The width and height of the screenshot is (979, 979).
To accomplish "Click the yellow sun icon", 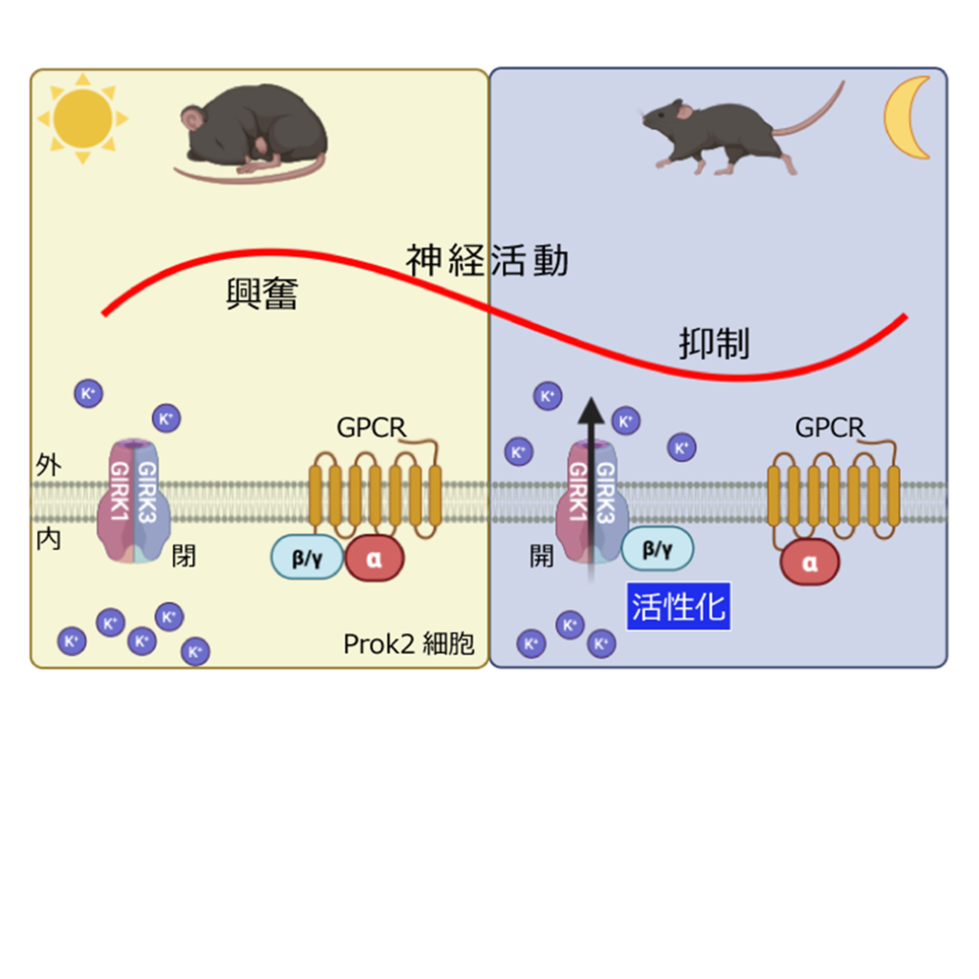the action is [x=83, y=119].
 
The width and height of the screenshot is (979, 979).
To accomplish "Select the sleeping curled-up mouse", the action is [x=252, y=134].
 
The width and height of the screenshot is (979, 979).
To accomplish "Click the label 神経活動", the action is [x=487, y=260].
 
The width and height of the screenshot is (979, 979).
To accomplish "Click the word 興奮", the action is [x=262, y=294].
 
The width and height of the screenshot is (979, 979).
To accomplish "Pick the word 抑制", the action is [x=714, y=344].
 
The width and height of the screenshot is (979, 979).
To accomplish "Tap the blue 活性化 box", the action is [x=679, y=606].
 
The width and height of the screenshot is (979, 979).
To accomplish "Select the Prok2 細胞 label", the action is [x=409, y=643].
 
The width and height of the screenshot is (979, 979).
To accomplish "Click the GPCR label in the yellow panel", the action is [x=371, y=427].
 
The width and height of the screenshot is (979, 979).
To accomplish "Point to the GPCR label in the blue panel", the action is [x=830, y=427].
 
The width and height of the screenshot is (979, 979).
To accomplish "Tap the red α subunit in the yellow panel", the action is [x=375, y=558].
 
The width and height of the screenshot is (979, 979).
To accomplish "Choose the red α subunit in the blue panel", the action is [x=810, y=562].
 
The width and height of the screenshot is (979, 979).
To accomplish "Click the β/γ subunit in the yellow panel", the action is [x=307, y=557].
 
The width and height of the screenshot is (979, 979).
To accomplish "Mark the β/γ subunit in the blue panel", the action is [x=658, y=548].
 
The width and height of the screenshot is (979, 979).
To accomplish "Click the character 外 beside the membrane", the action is [x=49, y=465].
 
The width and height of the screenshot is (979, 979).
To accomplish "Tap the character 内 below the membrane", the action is [x=49, y=539].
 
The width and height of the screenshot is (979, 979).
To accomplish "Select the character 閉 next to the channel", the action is [x=184, y=555].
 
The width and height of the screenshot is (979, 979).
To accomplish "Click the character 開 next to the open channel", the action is [x=541, y=555].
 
